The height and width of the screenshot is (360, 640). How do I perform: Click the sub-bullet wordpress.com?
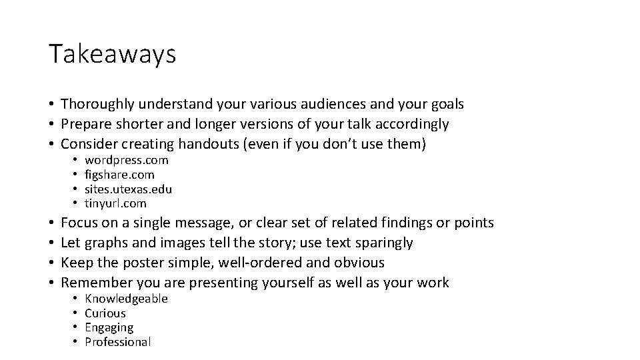[127, 160]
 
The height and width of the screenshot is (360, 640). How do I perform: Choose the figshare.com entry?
[119, 175]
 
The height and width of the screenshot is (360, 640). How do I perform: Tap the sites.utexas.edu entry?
[128, 189]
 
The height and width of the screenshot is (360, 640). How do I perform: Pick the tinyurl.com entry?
[115, 203]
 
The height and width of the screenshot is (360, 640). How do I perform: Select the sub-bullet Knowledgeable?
[126, 299]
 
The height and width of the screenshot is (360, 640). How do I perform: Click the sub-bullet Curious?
[105, 313]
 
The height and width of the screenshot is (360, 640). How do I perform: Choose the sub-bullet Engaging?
[109, 327]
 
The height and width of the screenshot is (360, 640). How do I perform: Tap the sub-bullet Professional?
[118, 342]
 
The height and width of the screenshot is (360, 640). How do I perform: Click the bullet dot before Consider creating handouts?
[51, 144]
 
